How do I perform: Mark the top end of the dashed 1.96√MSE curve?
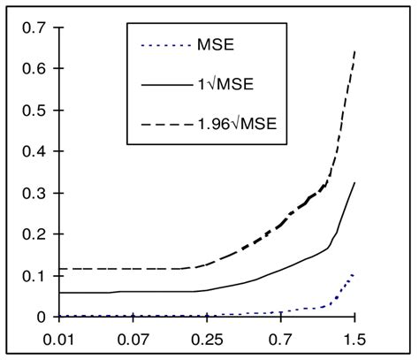(354, 50)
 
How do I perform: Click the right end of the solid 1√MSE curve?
(354, 182)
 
